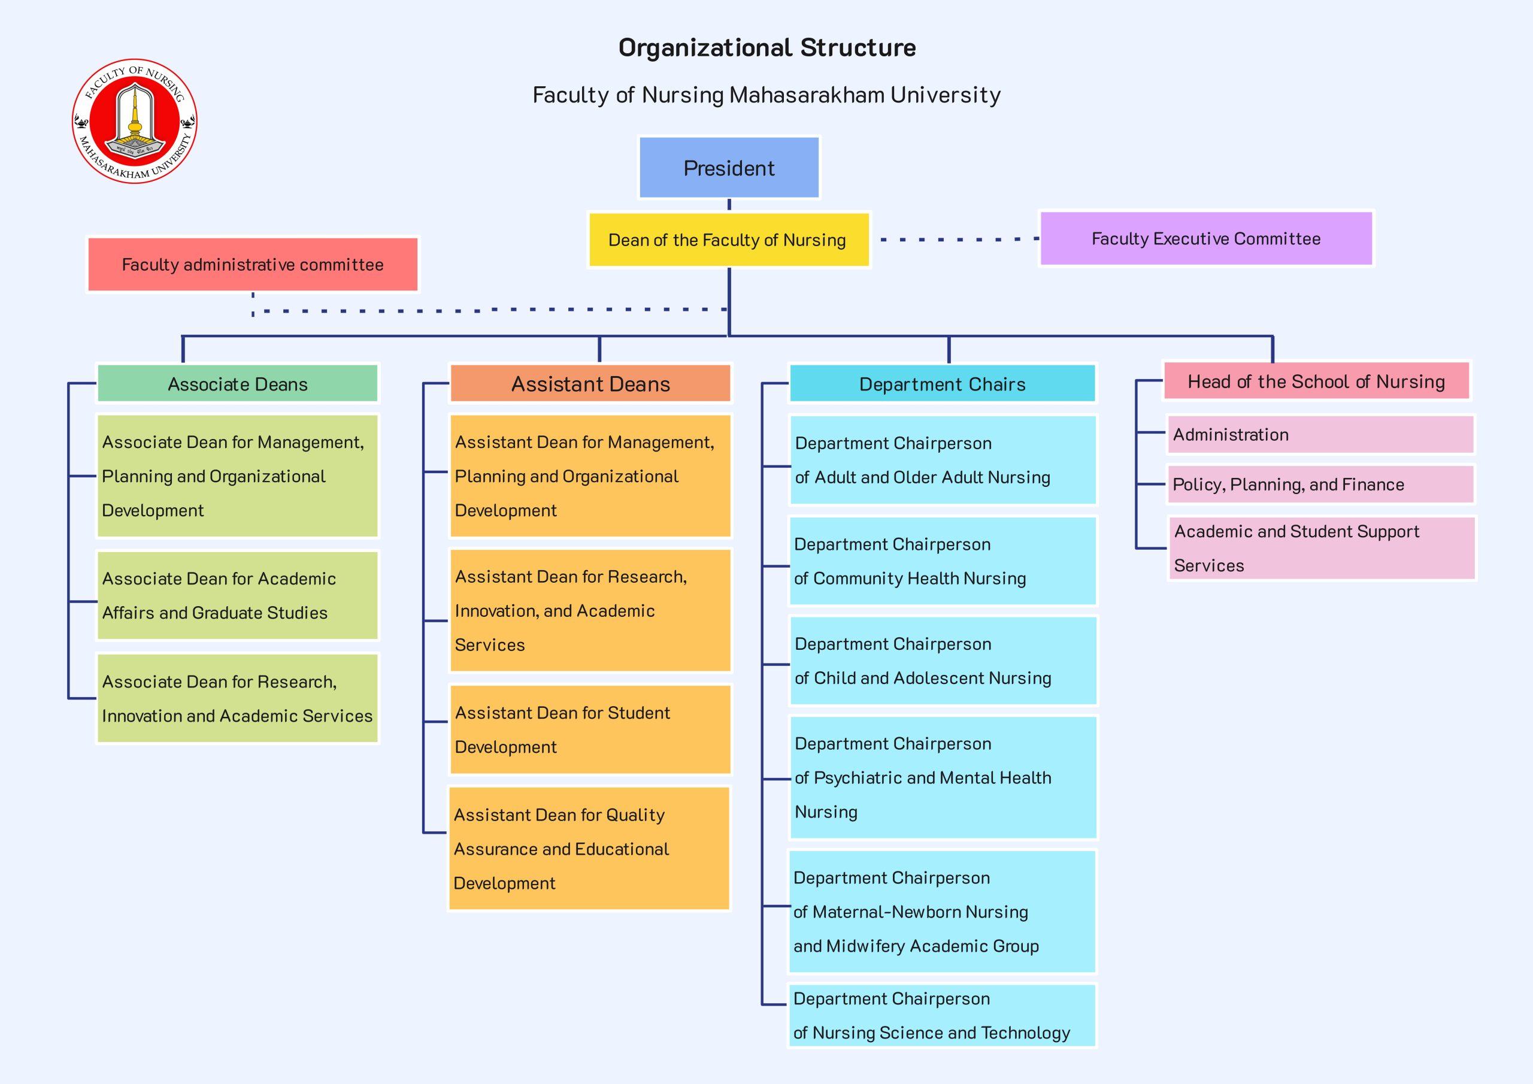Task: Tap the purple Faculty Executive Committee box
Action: tap(1206, 238)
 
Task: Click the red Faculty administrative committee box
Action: tap(252, 265)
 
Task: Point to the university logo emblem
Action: tap(135, 121)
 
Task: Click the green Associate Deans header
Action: tap(238, 383)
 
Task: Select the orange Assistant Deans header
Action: tap(590, 383)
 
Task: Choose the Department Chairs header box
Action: tap(942, 383)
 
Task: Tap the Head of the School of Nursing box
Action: tap(1316, 381)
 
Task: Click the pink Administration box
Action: tap(1320, 434)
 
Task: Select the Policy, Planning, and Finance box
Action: tap(1320, 485)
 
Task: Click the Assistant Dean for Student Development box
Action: tap(590, 729)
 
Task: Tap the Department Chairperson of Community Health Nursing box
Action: tap(942, 561)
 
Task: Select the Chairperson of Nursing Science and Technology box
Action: tap(942, 1015)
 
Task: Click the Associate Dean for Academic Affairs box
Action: tap(238, 596)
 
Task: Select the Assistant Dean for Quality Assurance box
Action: tap(589, 848)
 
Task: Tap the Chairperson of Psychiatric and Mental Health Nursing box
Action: tap(942, 777)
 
